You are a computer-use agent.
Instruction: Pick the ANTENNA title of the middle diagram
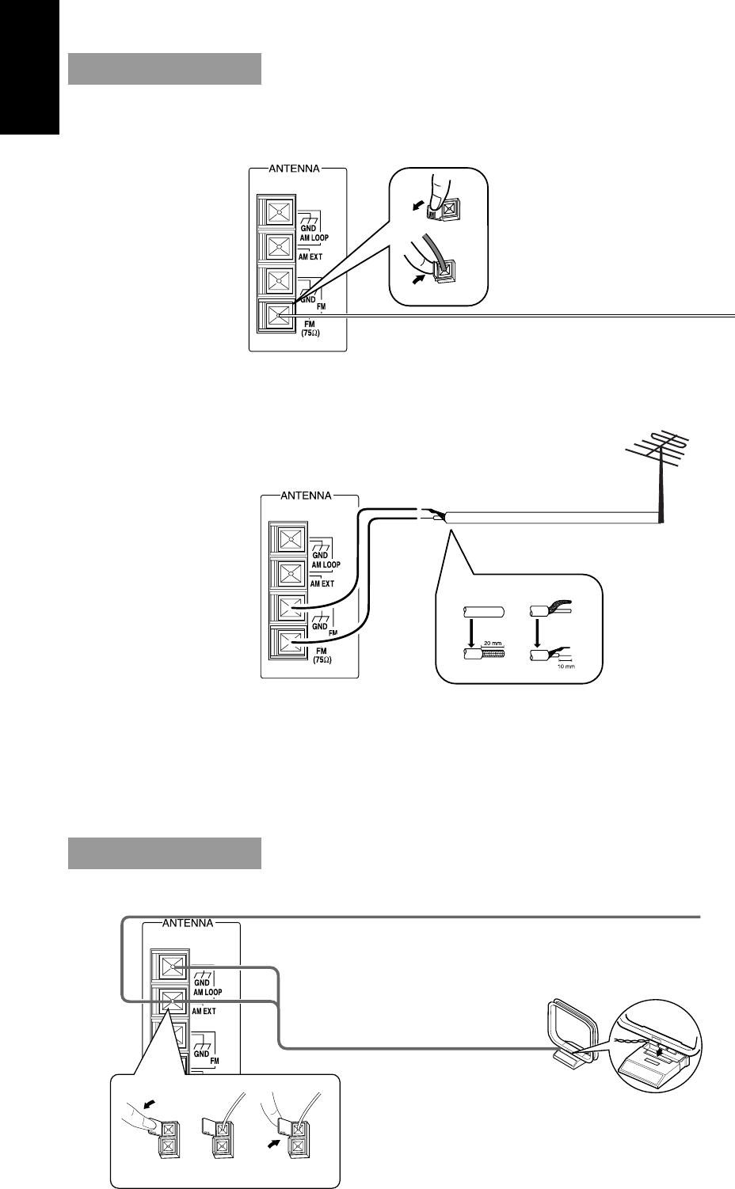pyautogui.click(x=308, y=496)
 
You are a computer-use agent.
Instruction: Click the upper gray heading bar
pyautogui.click(x=165, y=68)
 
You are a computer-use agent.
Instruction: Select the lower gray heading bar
pyautogui.click(x=165, y=853)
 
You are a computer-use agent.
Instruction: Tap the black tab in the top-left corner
pyautogui.click(x=29, y=66)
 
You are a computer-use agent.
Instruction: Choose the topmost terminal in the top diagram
pyautogui.click(x=278, y=213)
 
